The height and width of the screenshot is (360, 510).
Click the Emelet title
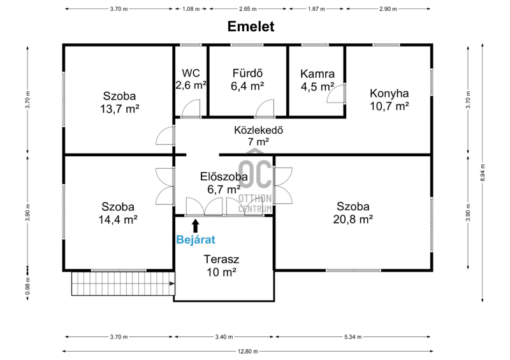point(251,26)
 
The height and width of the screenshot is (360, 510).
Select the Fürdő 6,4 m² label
point(247,80)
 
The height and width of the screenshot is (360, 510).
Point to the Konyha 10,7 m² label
point(390,99)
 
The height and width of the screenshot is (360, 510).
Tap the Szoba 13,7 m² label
point(119,103)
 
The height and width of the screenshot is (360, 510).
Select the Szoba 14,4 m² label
point(118,213)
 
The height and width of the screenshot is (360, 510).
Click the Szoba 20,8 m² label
point(353,213)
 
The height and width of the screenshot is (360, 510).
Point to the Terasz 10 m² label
point(221,265)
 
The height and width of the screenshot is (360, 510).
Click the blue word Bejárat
point(196,240)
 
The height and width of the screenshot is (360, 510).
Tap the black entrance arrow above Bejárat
point(196,226)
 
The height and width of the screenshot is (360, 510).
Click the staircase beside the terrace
point(123,284)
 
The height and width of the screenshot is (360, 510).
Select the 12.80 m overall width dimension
point(248,351)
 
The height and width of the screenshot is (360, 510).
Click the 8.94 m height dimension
point(483,173)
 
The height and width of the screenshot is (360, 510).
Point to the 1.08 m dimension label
point(191,9)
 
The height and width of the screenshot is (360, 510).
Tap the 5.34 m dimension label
point(353,337)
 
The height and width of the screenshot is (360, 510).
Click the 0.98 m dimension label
point(27,286)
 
